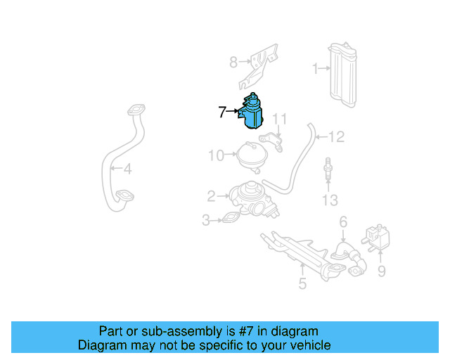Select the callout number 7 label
[x=222, y=112]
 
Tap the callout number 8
[x=233, y=63]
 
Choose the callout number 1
[x=316, y=68]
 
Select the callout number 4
[x=127, y=169]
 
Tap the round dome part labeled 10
[x=252, y=155]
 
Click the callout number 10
[x=216, y=155]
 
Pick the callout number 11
[x=281, y=118]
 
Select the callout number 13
[x=330, y=201]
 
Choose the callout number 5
[x=302, y=284]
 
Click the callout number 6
[x=343, y=222]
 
